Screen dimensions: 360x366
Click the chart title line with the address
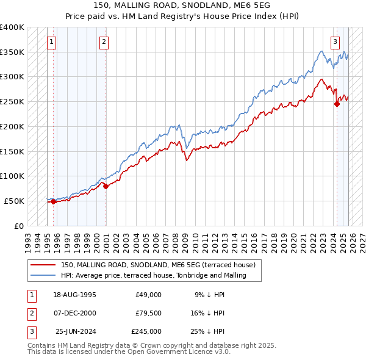click(x=182, y=5)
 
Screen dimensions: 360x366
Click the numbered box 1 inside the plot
click(x=51, y=42)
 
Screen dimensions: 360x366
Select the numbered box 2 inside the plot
click(x=104, y=42)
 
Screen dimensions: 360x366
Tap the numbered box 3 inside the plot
click(x=335, y=42)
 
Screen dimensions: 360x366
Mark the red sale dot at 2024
click(x=337, y=104)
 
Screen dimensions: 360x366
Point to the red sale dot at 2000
click(x=106, y=186)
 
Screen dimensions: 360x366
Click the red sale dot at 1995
click(x=53, y=201)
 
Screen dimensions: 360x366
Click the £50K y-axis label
click(x=14, y=201)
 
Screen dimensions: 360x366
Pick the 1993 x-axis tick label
click(x=27, y=240)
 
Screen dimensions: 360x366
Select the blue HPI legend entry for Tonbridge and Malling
click(x=153, y=275)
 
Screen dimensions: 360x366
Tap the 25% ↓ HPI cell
click(x=207, y=331)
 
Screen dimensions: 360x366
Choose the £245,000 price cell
click(x=146, y=331)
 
